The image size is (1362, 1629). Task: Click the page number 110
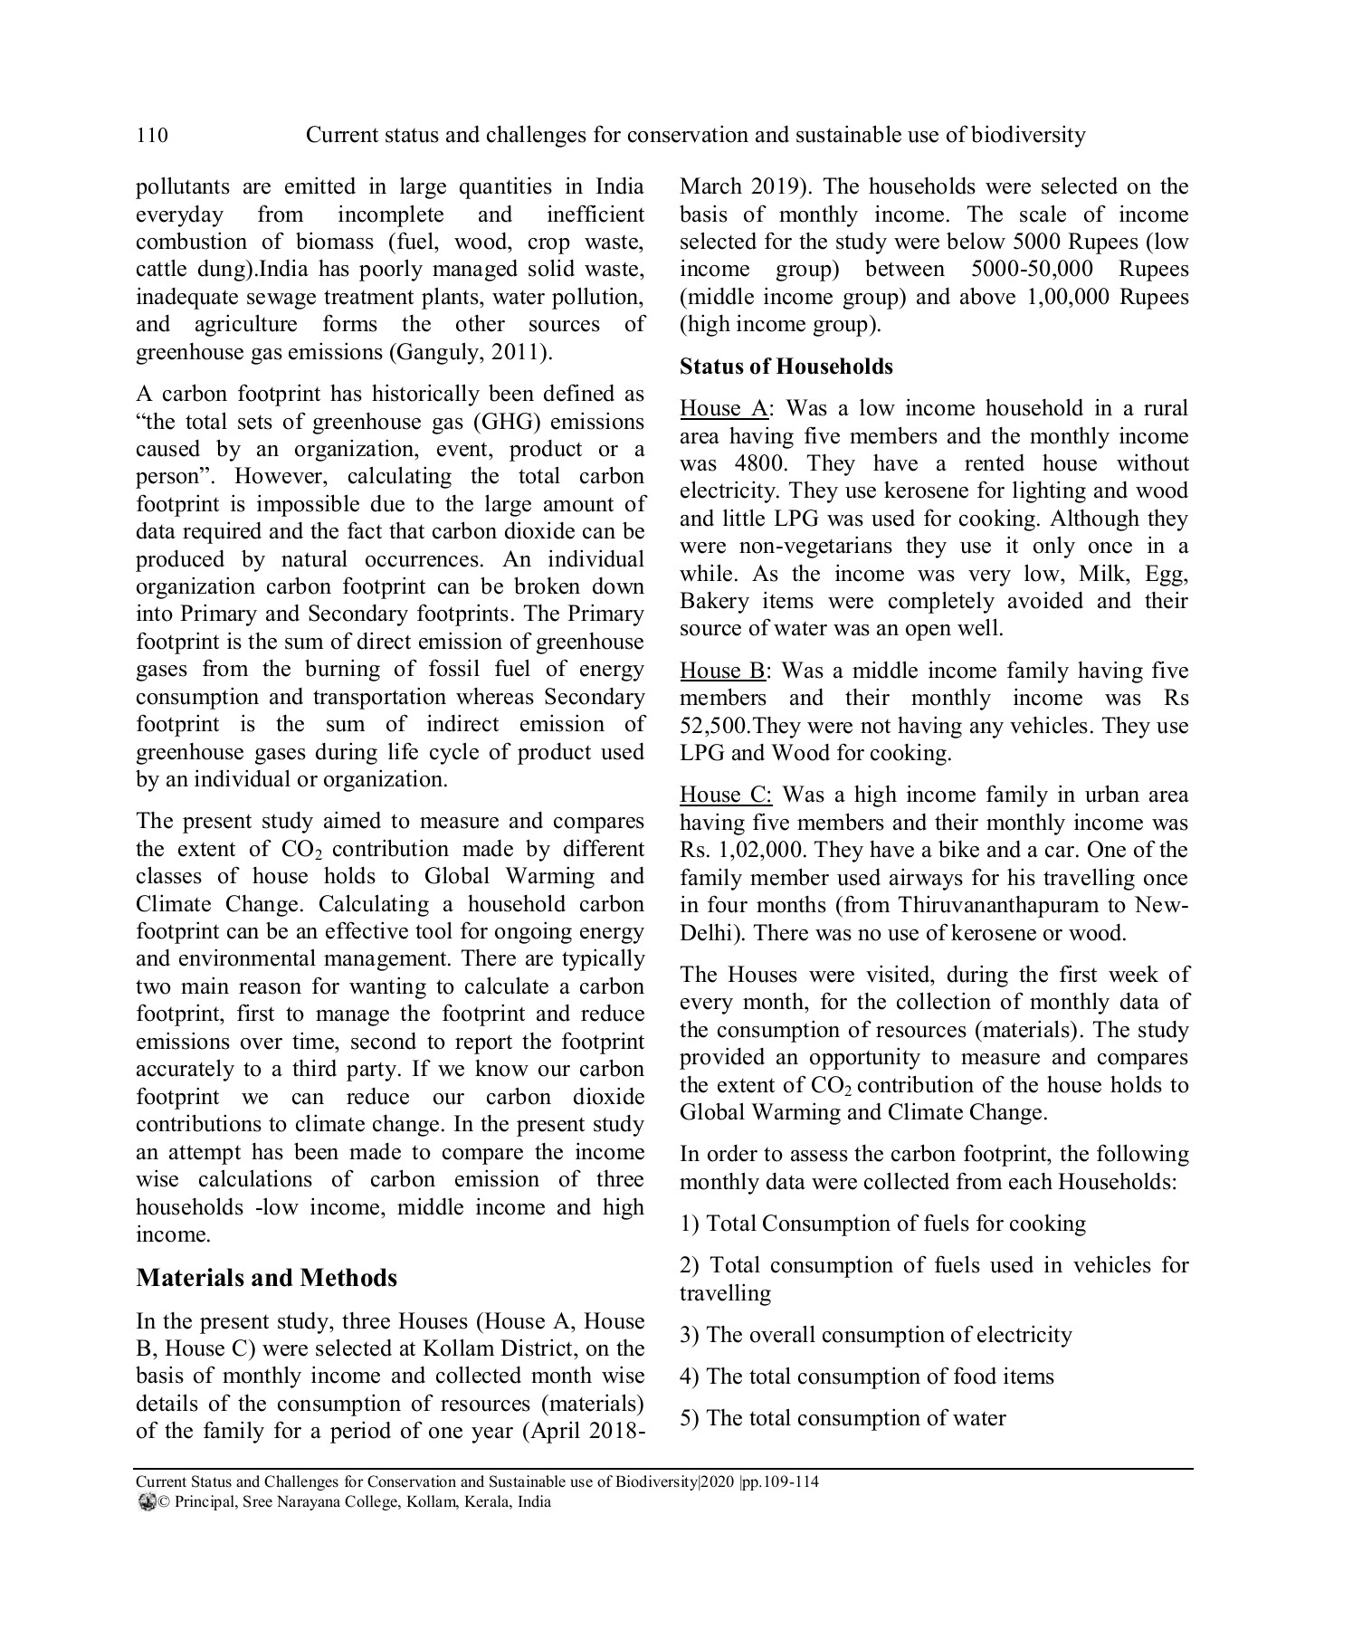tap(152, 136)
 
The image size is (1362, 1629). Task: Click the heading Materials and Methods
tap(266, 1277)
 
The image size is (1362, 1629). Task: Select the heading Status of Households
tap(786, 367)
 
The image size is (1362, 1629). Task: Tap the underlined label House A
tap(723, 408)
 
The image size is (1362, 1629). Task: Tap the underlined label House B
tap(723, 671)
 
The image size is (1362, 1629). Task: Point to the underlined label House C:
tap(726, 795)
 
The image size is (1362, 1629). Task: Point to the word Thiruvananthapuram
tap(1005, 905)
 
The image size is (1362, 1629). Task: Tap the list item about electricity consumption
tap(875, 1335)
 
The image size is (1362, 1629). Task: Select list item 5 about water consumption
tap(843, 1417)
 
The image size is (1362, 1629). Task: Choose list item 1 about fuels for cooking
tap(882, 1224)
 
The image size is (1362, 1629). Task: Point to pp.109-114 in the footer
tap(779, 1482)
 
